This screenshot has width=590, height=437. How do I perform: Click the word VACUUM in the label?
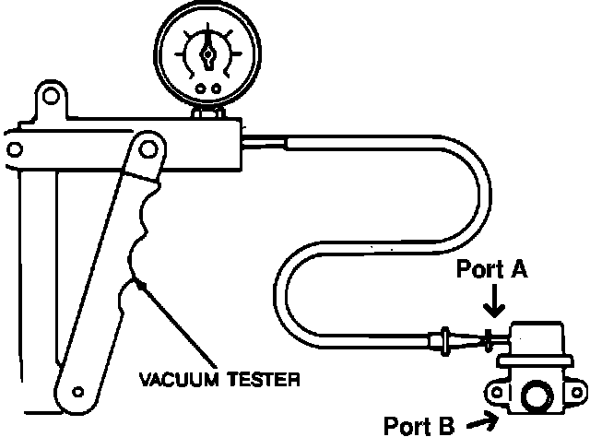[178, 379]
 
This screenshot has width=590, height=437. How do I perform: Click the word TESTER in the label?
[264, 379]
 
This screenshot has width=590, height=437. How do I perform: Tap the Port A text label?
[491, 269]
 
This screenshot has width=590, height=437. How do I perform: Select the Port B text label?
[419, 425]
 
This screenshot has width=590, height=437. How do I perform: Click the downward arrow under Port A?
[494, 301]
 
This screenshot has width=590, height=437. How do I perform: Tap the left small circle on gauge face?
[201, 89]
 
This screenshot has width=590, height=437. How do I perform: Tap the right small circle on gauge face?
[216, 89]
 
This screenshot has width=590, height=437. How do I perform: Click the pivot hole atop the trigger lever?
[147, 149]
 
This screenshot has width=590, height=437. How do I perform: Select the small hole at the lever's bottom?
[77, 392]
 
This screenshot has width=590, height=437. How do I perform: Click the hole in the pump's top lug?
[51, 96]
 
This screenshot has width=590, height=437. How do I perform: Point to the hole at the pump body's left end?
[15, 149]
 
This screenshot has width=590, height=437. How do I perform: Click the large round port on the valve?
[537, 396]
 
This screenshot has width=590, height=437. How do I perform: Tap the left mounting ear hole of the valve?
[498, 393]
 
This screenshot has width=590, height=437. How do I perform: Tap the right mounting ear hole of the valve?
[577, 393]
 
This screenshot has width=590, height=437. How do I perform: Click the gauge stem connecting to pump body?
[207, 112]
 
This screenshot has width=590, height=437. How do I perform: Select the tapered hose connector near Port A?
[459, 340]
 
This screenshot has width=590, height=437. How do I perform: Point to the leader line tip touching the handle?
[138, 283]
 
